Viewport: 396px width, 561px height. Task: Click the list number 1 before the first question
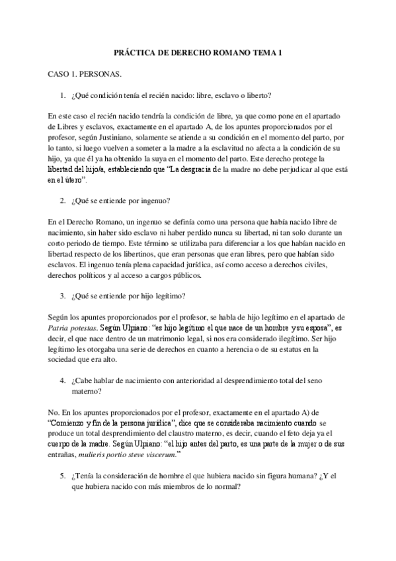63,95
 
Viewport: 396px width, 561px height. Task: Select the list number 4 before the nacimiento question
63,381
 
